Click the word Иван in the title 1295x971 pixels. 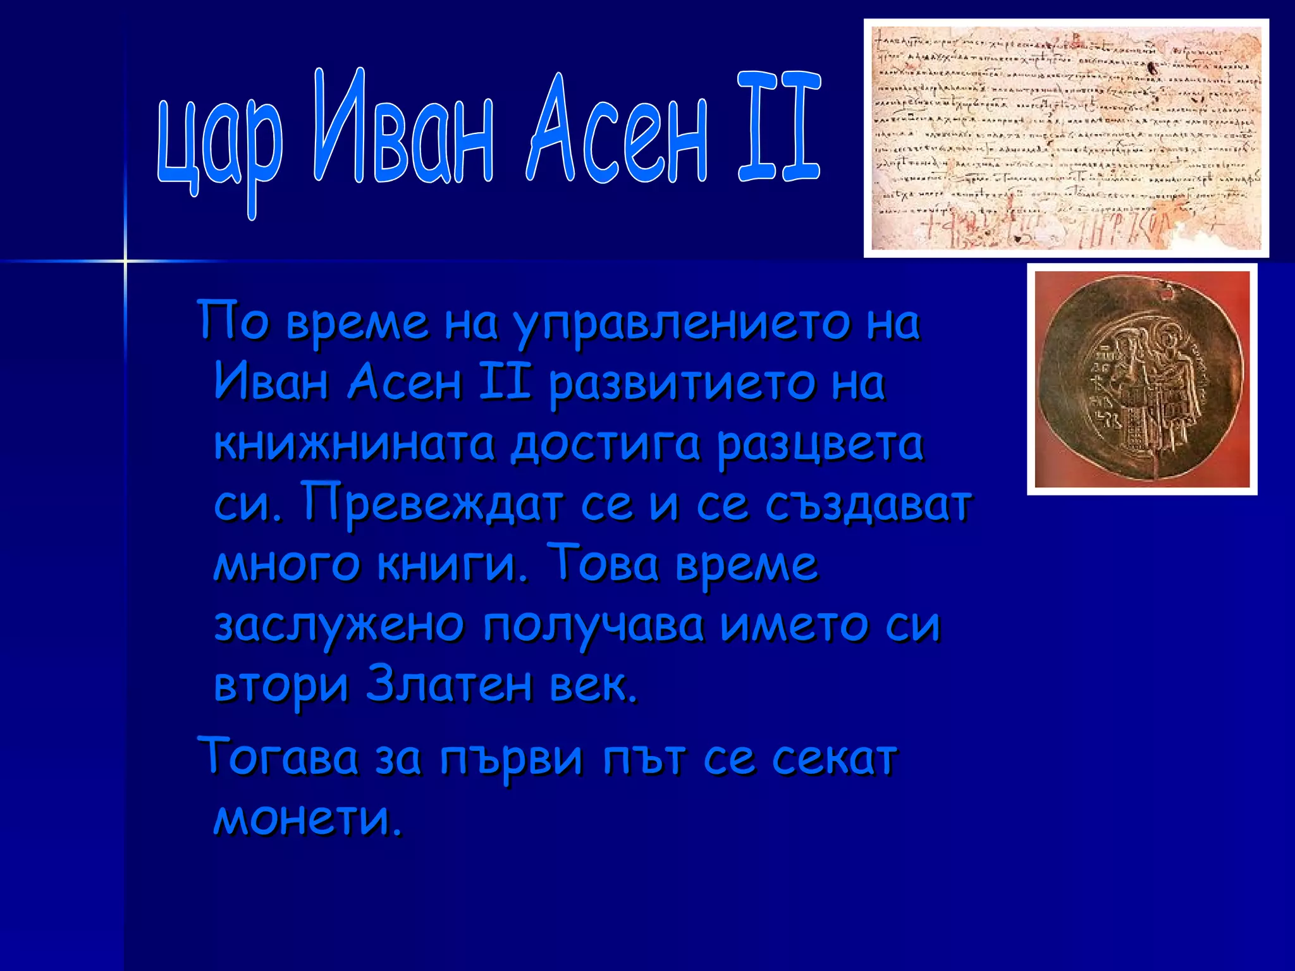click(403, 130)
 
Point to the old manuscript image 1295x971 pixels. click(1066, 138)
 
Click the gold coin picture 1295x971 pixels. click(1141, 379)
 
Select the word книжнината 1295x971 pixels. click(354, 444)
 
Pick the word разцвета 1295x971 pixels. click(820, 444)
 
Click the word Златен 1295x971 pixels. click(450, 685)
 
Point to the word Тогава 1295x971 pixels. click(278, 757)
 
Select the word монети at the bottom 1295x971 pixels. click(307, 818)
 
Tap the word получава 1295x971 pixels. click(593, 626)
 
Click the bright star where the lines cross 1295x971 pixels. click(125, 260)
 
